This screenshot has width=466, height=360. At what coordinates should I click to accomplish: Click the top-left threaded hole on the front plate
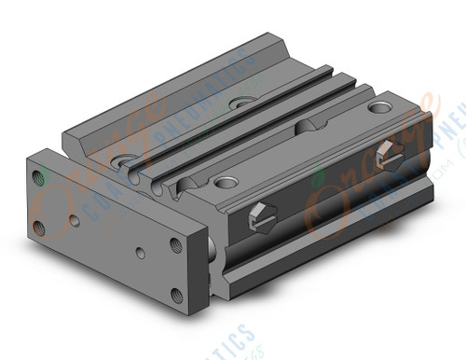pyautogui.click(x=39, y=176)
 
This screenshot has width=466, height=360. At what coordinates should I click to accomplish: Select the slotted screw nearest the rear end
pyautogui.click(x=391, y=155)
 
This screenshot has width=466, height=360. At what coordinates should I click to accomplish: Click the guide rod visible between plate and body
pyautogui.click(x=213, y=243)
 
